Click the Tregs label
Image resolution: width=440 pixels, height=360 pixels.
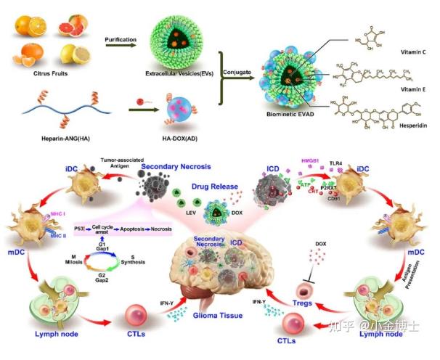pyautogui.click(x=303, y=304)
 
